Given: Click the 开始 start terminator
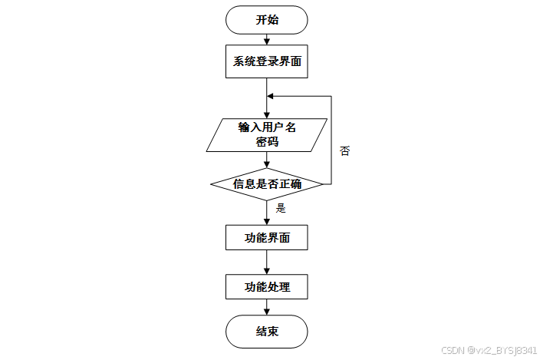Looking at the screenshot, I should pyautogui.click(x=267, y=20).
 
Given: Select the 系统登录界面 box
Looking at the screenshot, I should pyautogui.click(x=267, y=61).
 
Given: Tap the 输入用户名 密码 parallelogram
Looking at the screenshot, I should pyautogui.click(x=267, y=134).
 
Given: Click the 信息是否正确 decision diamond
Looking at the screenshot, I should pyautogui.click(x=267, y=184).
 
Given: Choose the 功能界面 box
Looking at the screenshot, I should pyautogui.click(x=267, y=237).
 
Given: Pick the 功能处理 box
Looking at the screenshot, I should pyautogui.click(x=267, y=287).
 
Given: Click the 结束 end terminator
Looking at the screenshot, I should pyautogui.click(x=267, y=332).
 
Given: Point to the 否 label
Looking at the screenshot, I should pyautogui.click(x=344, y=151).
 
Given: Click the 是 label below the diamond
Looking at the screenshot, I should pyautogui.click(x=281, y=208).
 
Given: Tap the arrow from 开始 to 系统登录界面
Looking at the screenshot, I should pyautogui.click(x=267, y=38).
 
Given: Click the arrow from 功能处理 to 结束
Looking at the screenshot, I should pyautogui.click(x=267, y=308).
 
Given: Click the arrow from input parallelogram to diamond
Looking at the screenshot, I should pyautogui.click(x=267, y=160).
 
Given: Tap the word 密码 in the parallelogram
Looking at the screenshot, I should pyautogui.click(x=267, y=142).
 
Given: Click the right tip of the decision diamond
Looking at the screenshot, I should pyautogui.click(x=322, y=184).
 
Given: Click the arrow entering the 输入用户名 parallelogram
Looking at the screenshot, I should pyautogui.click(x=267, y=107).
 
